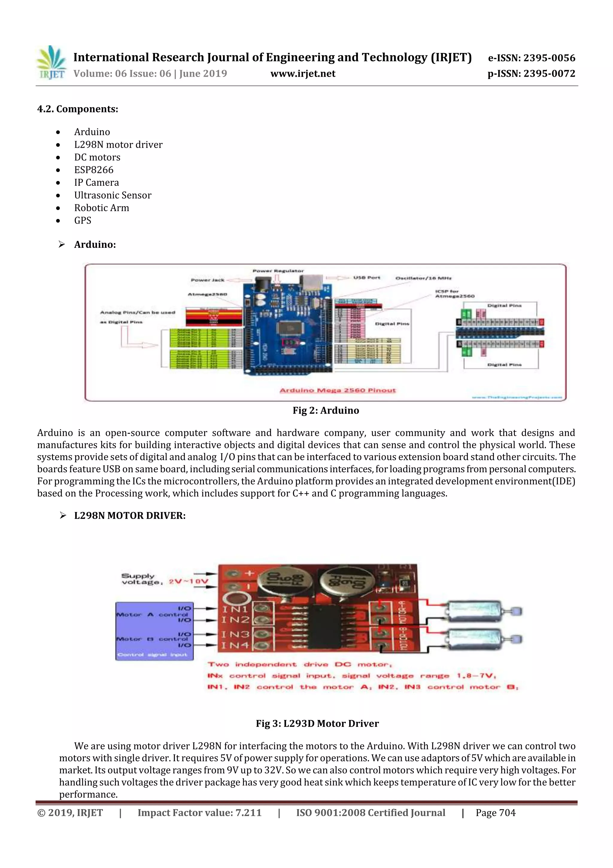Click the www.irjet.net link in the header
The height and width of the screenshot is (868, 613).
click(x=303, y=73)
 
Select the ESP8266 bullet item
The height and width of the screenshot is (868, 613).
click(x=94, y=170)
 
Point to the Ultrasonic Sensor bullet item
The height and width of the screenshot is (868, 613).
click(x=113, y=195)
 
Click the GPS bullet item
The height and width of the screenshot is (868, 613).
click(x=83, y=221)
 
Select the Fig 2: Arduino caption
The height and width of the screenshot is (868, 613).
click(x=326, y=410)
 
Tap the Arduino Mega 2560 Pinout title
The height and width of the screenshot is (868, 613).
click(x=338, y=390)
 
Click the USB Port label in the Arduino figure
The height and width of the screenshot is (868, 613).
click(x=366, y=277)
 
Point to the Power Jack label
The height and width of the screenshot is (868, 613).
click(x=207, y=280)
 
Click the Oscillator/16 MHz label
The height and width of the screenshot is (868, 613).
click(x=424, y=278)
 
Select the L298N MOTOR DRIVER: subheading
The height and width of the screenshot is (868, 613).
click(x=130, y=516)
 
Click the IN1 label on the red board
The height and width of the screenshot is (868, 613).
click(x=235, y=609)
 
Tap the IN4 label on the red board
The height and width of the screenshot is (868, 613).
click(x=235, y=645)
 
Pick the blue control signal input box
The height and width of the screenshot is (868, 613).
click(x=154, y=631)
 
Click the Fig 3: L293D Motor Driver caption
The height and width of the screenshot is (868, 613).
click(x=317, y=723)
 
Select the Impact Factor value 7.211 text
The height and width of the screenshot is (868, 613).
click(x=199, y=813)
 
